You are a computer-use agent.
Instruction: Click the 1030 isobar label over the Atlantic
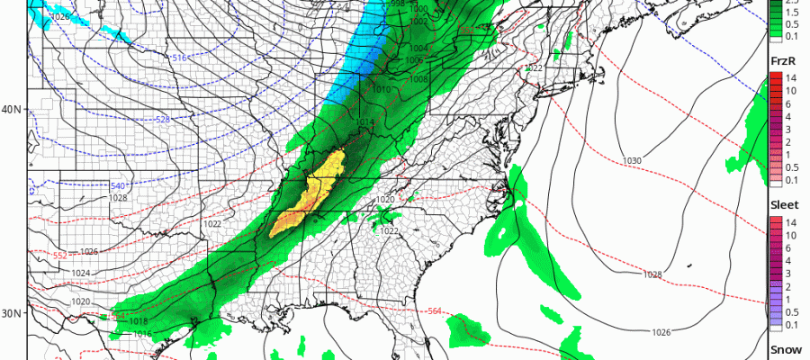tap(633, 160)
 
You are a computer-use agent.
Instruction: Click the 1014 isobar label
tap(364, 122)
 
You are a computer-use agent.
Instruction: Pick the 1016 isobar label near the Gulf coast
tap(139, 334)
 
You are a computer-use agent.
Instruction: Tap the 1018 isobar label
tap(139, 321)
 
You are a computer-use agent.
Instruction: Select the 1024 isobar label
tap(81, 273)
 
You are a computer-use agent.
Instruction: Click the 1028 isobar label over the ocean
tap(653, 274)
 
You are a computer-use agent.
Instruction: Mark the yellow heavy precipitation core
tap(314, 189)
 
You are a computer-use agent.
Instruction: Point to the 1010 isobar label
tap(381, 90)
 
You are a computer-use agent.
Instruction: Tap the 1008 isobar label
tap(420, 79)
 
